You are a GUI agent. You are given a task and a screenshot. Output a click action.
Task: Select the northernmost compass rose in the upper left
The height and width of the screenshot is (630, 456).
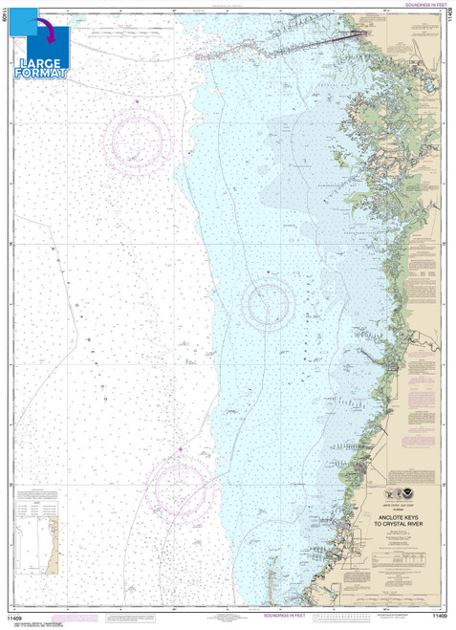pos(135,141)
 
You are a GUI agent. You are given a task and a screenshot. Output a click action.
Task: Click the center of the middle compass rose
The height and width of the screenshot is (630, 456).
pos(270,304)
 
